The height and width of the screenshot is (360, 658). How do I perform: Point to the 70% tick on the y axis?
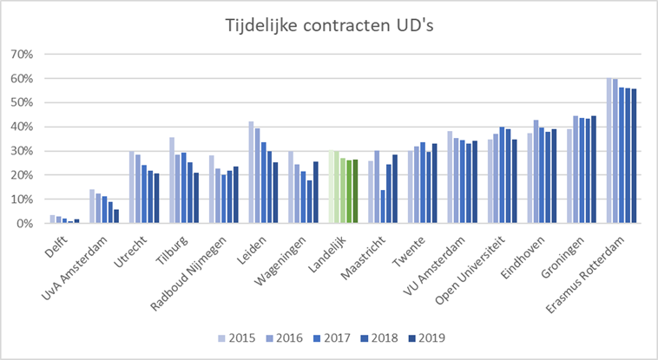(21, 54)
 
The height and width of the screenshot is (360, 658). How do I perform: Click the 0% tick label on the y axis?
(23, 224)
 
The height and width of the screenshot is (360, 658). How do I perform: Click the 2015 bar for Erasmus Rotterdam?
(609, 151)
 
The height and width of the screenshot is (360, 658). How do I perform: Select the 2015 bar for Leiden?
(252, 173)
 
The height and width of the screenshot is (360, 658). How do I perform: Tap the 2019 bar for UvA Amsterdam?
(116, 216)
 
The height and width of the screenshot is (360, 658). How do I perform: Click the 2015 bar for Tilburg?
(172, 180)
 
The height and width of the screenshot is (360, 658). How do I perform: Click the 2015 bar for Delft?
(53, 219)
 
